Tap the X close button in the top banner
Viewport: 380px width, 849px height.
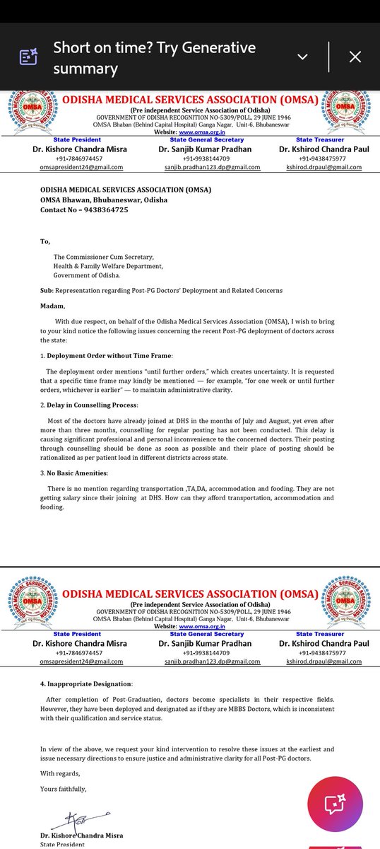tap(355, 57)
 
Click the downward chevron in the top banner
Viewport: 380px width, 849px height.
tap(302, 57)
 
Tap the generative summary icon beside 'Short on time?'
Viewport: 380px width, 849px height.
tap(28, 57)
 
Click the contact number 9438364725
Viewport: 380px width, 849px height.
tap(105, 210)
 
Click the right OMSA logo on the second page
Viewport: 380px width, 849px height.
tap(347, 599)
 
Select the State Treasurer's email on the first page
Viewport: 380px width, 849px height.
tap(323, 167)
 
